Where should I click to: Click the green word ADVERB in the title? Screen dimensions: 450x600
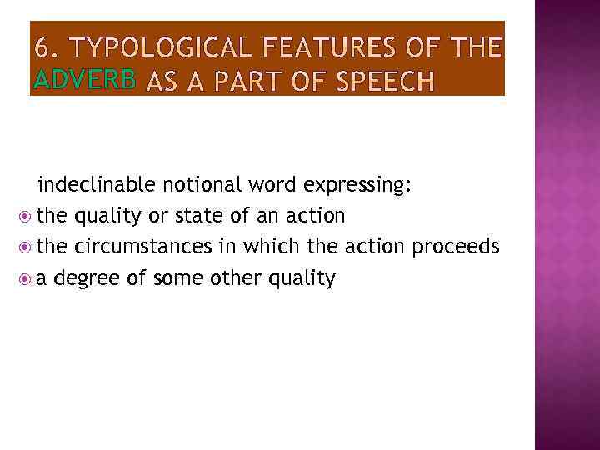(x=85, y=80)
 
